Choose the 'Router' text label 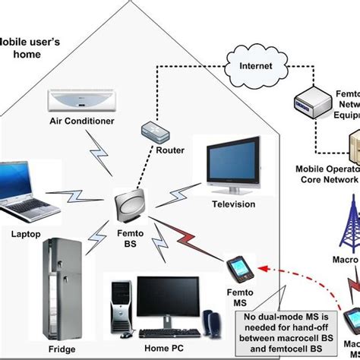point(171,150)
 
